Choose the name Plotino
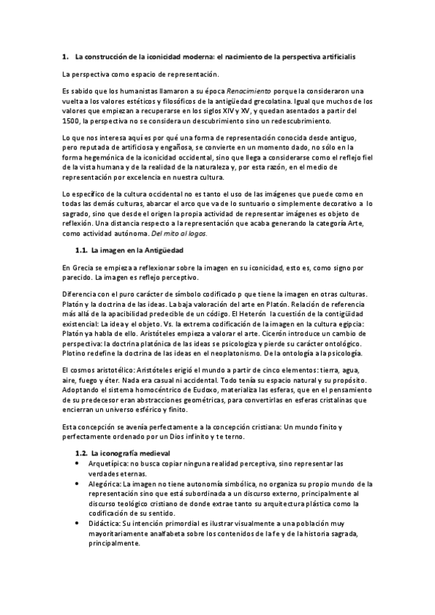[x=78, y=353]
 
